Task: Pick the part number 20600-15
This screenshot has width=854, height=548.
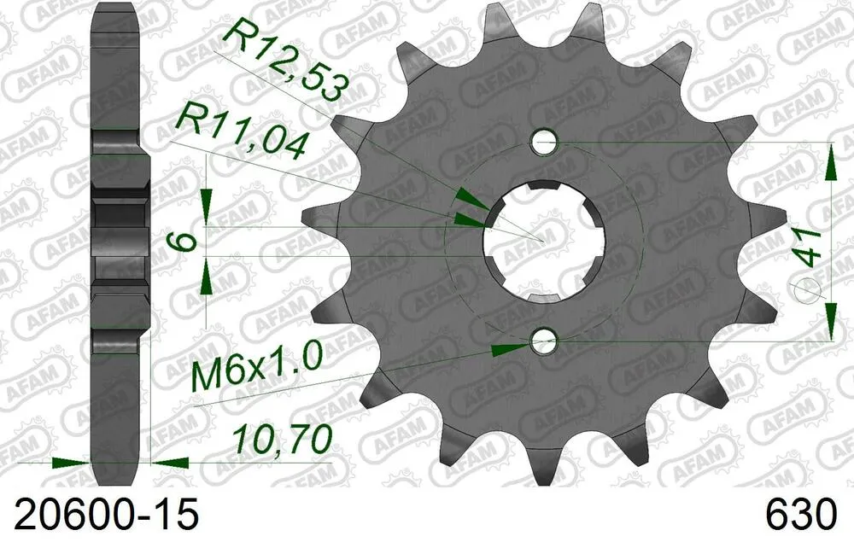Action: coord(101,515)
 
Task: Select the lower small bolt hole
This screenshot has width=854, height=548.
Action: coord(543,343)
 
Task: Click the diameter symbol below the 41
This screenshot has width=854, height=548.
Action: coord(807,291)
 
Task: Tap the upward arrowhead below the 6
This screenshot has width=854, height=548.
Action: coord(207,278)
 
